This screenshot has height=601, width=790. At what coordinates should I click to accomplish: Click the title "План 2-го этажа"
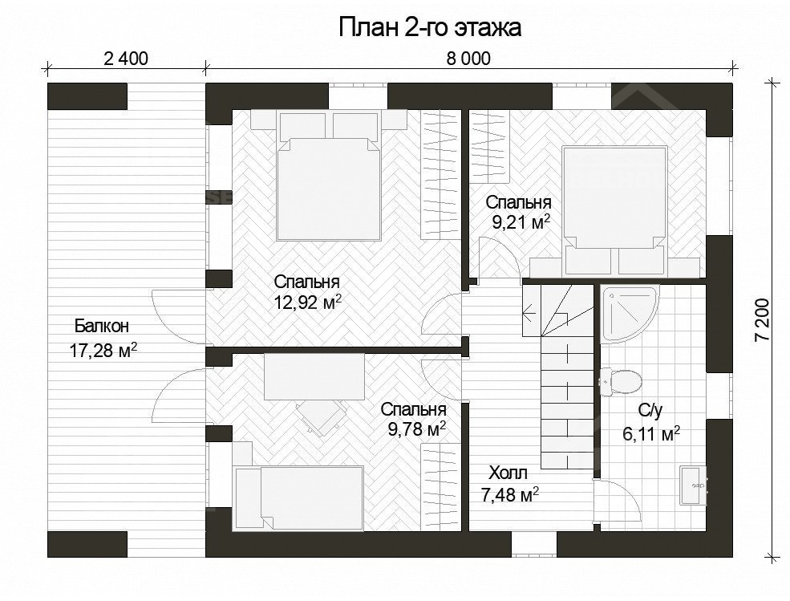tap(430, 28)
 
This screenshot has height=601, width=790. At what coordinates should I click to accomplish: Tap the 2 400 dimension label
tap(126, 59)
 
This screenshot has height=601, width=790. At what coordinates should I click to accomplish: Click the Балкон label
tap(102, 327)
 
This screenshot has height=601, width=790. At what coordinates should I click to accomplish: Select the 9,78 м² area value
tap(416, 429)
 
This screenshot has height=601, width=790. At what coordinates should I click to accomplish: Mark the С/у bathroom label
tap(650, 411)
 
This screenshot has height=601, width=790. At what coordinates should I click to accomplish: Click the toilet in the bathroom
tap(620, 380)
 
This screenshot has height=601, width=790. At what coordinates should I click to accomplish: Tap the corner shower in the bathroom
tap(629, 312)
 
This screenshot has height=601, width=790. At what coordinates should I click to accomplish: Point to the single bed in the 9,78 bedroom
tap(298, 497)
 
